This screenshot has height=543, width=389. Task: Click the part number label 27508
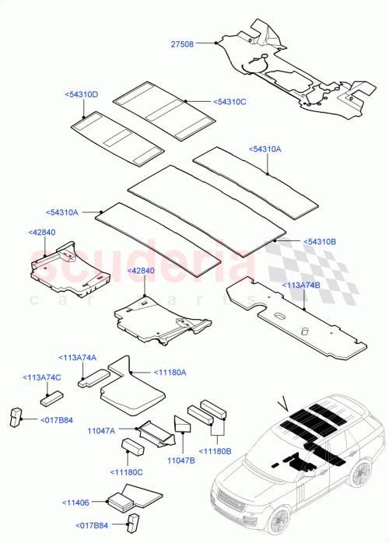[x=184, y=45]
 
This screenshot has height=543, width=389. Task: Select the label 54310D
[x=81, y=94]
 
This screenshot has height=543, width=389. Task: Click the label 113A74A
[x=77, y=357]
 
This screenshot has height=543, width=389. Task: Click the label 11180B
[x=217, y=450]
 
